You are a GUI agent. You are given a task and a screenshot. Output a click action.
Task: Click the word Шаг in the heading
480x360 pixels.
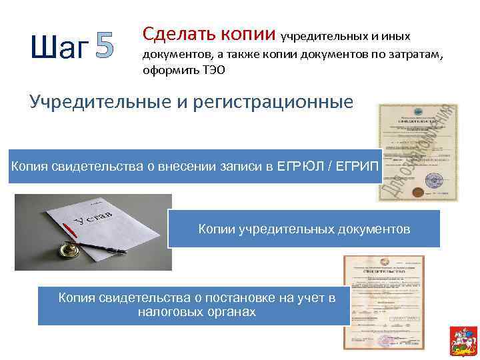[x=59, y=48]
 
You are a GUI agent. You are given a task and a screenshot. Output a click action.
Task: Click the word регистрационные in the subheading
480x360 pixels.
[x=275, y=103]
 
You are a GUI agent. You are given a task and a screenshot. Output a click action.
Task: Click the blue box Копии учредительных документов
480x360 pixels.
[x=304, y=229]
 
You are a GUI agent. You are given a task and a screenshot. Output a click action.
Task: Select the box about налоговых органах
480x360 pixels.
[x=196, y=305]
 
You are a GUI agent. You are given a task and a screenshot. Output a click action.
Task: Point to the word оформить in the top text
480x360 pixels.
[x=167, y=70]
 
